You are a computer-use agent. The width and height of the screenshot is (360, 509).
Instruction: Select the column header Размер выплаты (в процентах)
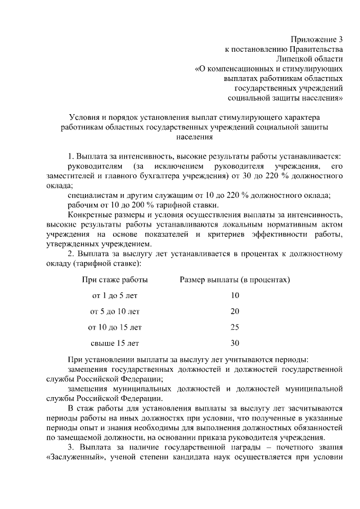pyautogui.click(x=235, y=280)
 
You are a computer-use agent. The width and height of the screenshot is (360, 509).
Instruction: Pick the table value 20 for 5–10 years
pyautogui.click(x=235, y=311)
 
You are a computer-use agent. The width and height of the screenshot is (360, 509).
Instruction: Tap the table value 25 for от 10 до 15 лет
pyautogui.click(x=235, y=327)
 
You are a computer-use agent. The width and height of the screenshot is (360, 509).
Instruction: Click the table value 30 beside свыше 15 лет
pyautogui.click(x=235, y=343)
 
